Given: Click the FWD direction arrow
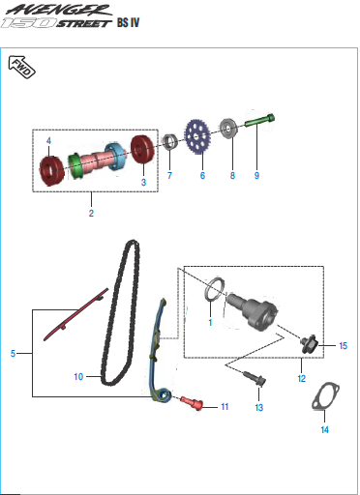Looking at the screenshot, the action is click(21, 67).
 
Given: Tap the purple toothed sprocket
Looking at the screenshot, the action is click(196, 136).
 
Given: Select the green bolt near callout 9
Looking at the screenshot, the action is click(259, 121).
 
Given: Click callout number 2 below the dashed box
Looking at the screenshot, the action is click(91, 213).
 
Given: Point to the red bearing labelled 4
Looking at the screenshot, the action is click(51, 171).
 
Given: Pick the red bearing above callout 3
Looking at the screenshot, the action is click(142, 149).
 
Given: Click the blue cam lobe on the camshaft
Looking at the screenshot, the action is click(114, 157).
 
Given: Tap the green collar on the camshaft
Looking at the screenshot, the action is click(75, 165).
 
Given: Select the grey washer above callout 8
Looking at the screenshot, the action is click(228, 130).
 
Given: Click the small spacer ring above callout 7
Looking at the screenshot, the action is click(170, 141).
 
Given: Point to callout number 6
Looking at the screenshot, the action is click(202, 175).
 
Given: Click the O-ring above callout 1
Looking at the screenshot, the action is click(214, 288).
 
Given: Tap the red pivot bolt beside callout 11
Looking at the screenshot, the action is click(192, 403).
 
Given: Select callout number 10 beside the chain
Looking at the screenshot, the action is click(78, 376).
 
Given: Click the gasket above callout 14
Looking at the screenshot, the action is click(326, 396).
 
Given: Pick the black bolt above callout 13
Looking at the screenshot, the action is click(255, 378).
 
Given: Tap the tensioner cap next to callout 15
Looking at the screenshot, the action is click(310, 344).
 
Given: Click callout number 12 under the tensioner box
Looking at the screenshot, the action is click(302, 378).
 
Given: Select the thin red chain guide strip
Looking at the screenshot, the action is click(75, 315).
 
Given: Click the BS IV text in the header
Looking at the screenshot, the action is click(129, 22).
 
